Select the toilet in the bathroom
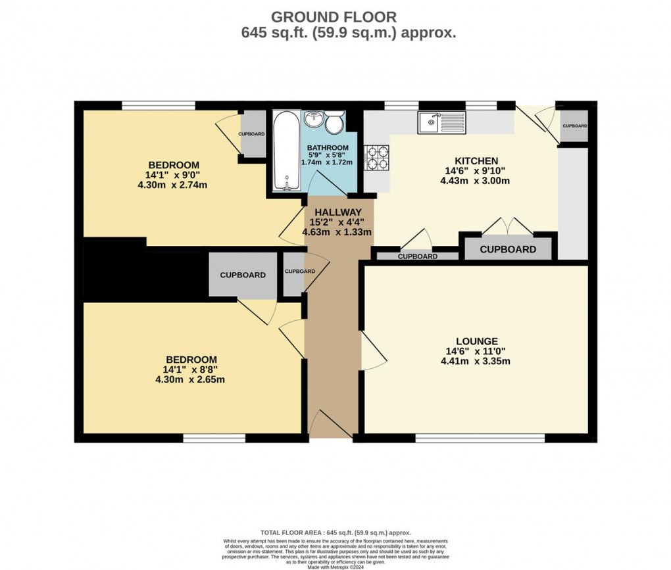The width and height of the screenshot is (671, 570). click(x=334, y=122)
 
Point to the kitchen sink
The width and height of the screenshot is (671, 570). click(x=441, y=122)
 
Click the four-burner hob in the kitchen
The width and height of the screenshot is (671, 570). click(x=377, y=157)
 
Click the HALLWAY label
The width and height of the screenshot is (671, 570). click(x=337, y=212)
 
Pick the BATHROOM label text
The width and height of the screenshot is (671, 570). click(x=328, y=147)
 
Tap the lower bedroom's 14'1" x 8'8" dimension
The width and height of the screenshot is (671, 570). click(x=191, y=369)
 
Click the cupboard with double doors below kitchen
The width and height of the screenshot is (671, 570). click(x=507, y=249)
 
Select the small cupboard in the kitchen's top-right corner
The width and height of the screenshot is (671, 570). click(x=574, y=126)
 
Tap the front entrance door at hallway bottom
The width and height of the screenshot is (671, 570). click(x=332, y=423)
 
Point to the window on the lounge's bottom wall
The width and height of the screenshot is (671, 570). click(x=480, y=438)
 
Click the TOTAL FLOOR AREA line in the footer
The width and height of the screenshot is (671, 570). click(x=335, y=533)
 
